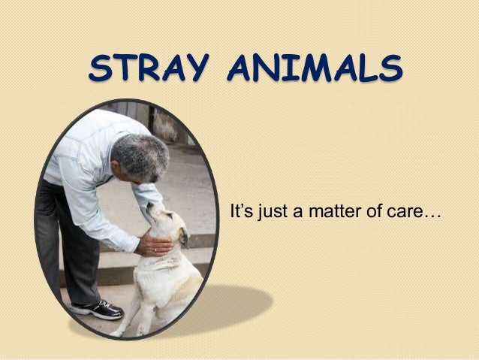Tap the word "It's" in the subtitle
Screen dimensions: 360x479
[x=242, y=211]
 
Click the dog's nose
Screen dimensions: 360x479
[x=149, y=207]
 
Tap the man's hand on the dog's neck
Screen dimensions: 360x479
[x=154, y=243]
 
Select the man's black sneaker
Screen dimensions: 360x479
[x=97, y=308]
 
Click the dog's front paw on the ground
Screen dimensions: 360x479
[x=120, y=329]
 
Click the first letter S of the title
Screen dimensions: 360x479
[x=99, y=68]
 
